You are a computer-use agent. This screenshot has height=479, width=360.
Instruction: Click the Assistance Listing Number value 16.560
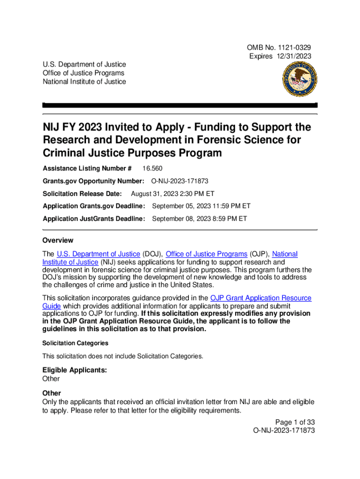152,168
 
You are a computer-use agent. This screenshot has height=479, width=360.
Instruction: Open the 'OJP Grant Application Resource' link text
261,298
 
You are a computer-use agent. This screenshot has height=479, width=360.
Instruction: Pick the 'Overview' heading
58,240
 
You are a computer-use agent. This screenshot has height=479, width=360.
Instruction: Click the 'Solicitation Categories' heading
75,343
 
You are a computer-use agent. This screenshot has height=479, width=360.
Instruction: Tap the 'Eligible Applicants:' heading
75,370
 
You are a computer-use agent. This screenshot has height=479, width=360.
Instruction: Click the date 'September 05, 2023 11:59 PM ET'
202,206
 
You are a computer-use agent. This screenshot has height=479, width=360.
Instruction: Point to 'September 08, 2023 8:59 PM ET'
200,218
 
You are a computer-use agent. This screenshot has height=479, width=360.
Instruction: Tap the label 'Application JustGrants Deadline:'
94,218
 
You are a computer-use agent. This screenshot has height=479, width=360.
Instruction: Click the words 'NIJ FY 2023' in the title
70,128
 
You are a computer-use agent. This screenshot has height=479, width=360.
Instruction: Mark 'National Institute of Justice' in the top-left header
84,82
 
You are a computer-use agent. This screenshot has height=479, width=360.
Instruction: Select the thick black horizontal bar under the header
180,105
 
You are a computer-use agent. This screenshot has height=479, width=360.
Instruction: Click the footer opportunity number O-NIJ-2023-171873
283,430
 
